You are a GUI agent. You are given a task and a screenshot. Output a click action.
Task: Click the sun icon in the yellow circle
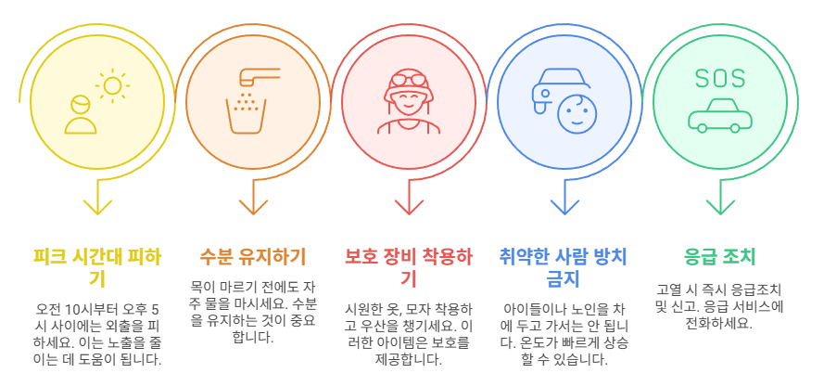click(x=113, y=84)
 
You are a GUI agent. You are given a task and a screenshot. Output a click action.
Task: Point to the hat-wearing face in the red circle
click(x=408, y=98)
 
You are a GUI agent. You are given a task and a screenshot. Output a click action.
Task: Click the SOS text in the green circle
click(x=718, y=78)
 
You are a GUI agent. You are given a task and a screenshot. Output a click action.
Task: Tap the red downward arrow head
click(x=408, y=205)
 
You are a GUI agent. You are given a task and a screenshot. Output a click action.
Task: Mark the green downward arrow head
click(x=719, y=205)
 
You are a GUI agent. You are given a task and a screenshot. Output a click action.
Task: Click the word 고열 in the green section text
click(x=669, y=289)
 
